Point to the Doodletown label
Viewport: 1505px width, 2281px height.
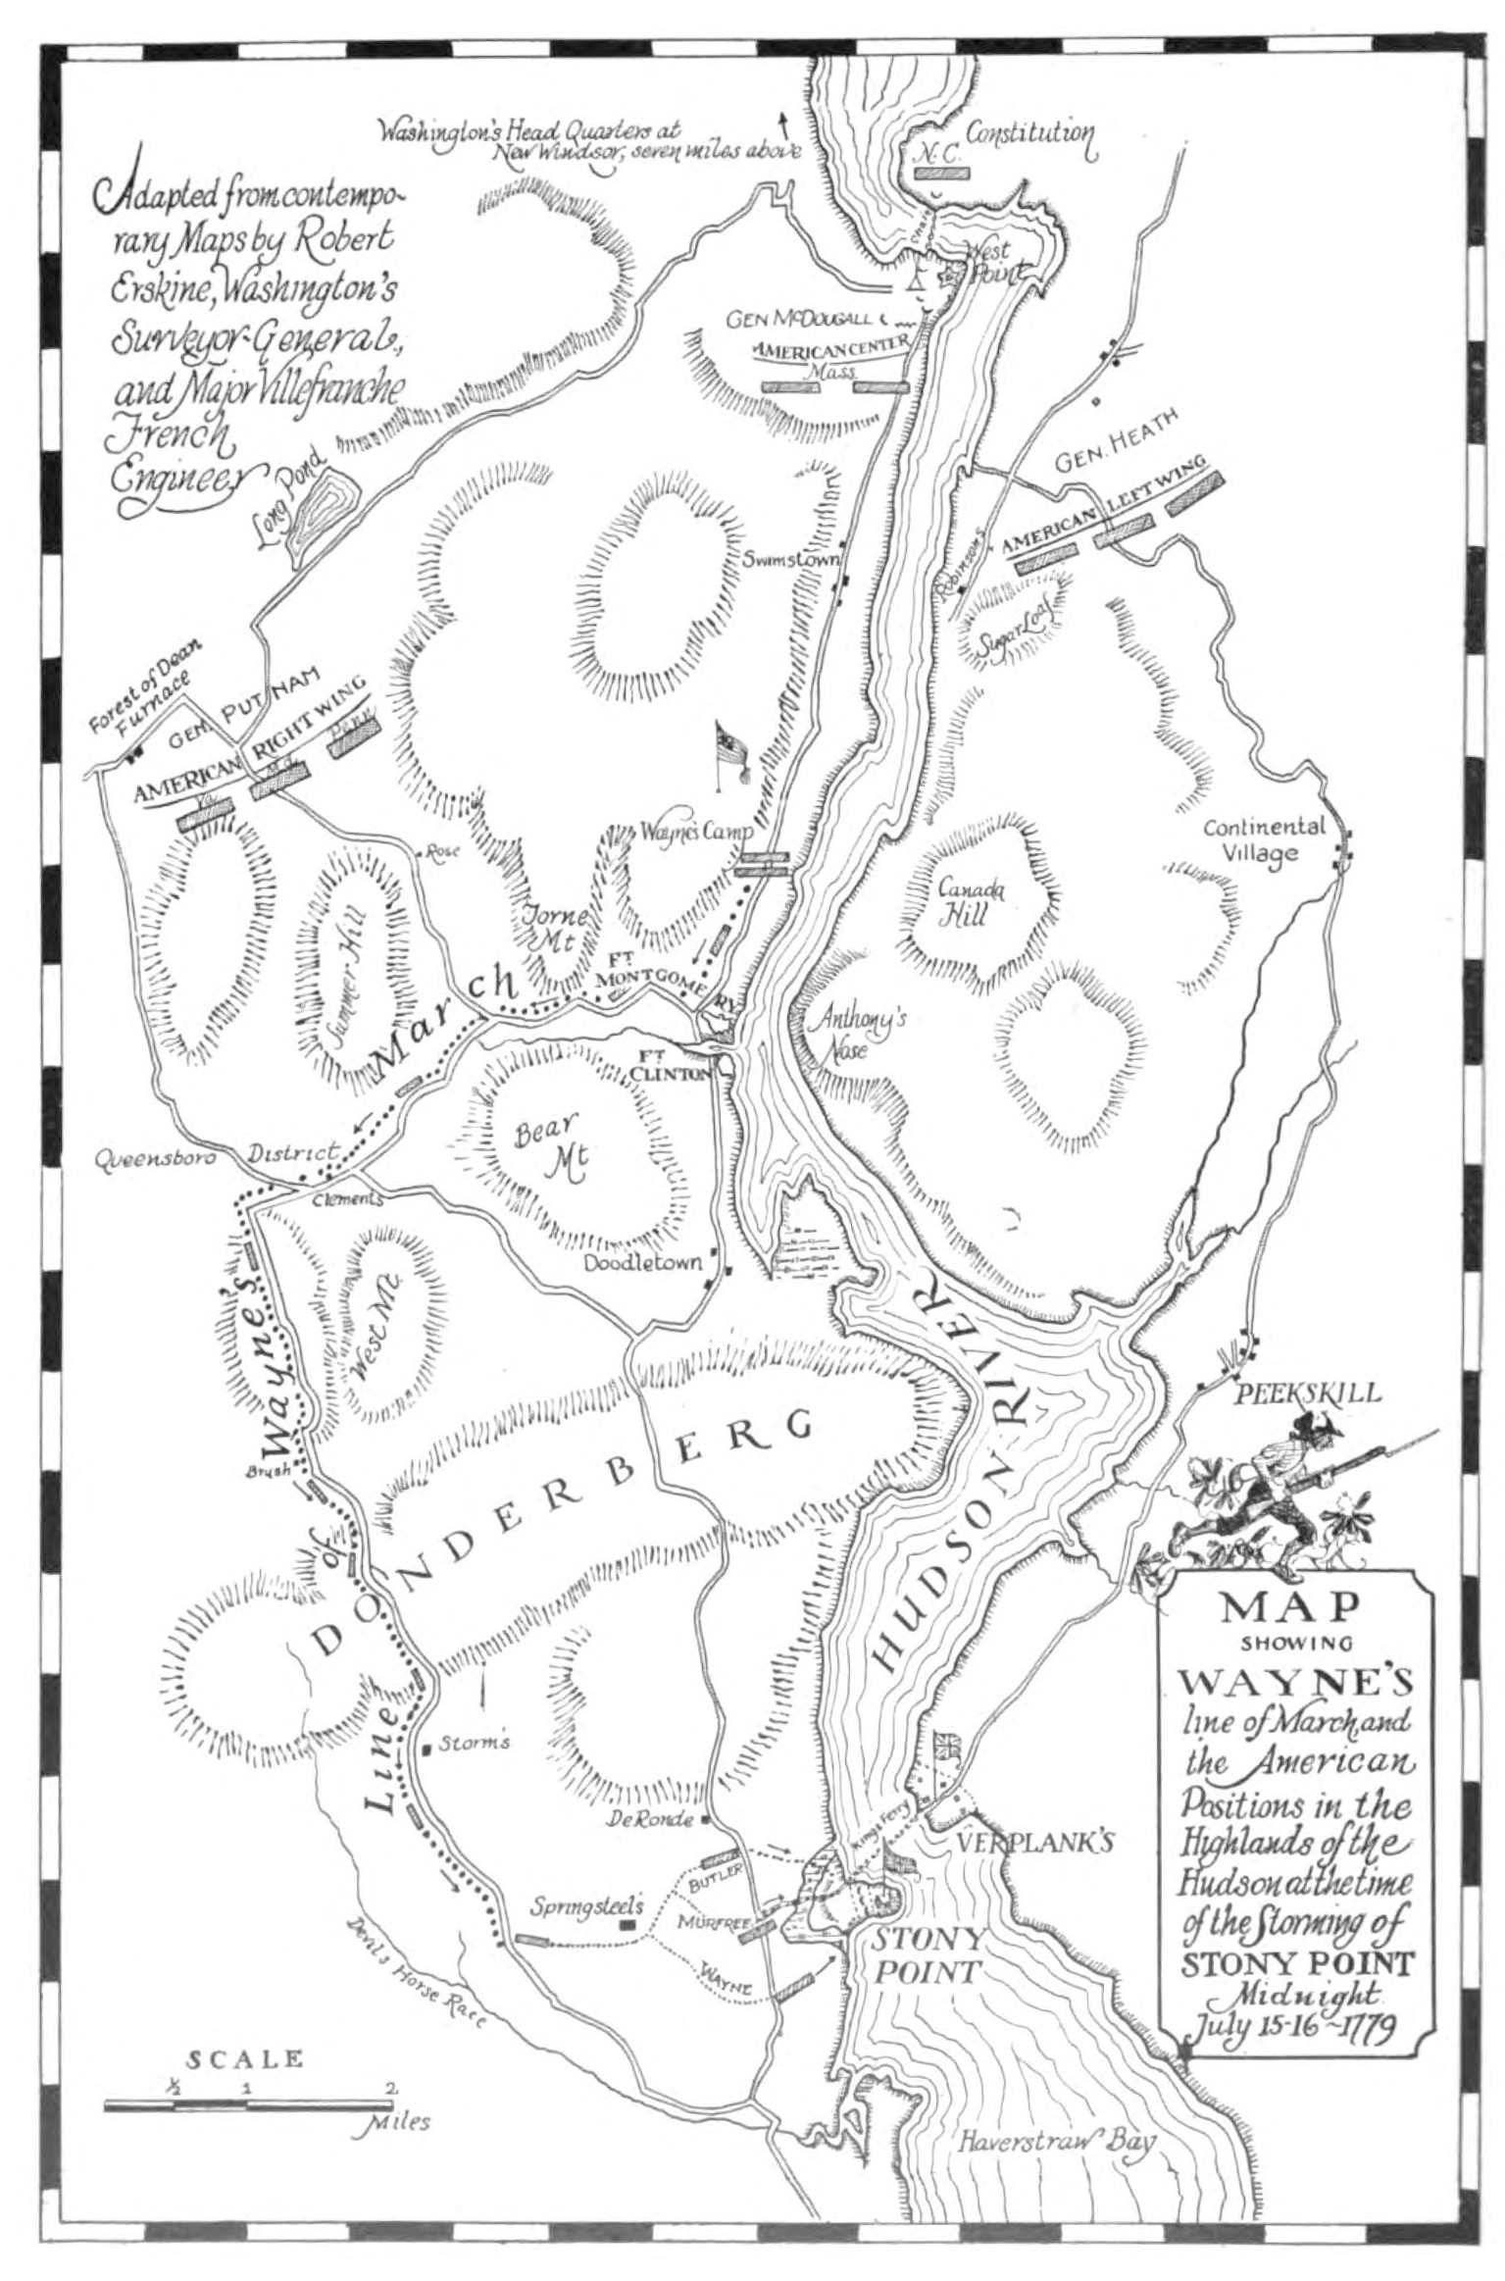pyautogui.click(x=642, y=1263)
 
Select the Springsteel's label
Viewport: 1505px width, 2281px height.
pyautogui.click(x=587, y=1907)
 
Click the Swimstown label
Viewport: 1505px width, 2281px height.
pyautogui.click(x=791, y=561)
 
